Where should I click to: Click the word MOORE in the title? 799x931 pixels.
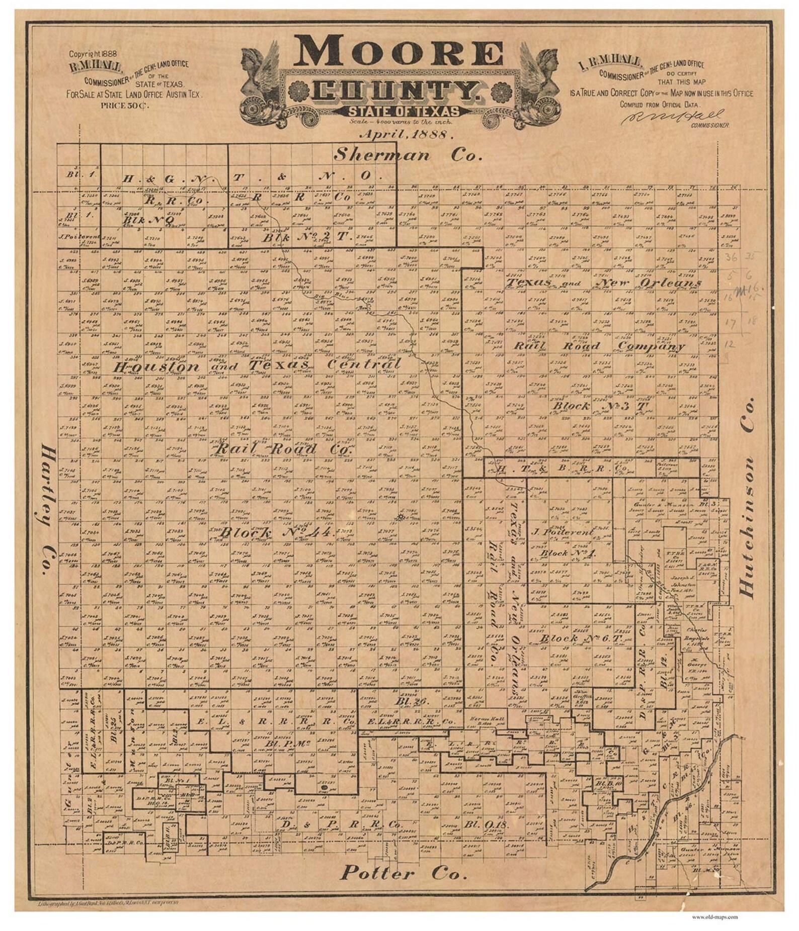tap(398, 51)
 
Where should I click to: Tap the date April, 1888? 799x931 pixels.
tap(407, 135)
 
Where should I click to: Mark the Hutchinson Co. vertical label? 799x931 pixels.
tap(748, 498)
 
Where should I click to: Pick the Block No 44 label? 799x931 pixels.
tap(276, 532)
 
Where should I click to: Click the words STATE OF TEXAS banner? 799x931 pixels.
tap(403, 112)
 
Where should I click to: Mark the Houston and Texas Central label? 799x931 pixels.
tap(257, 366)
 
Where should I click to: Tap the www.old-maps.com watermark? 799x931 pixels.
tap(714, 916)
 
